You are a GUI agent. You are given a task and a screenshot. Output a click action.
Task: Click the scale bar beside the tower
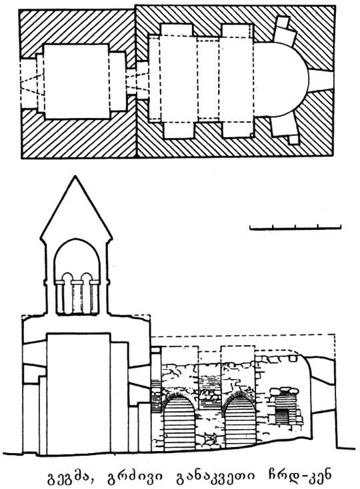[x=295, y=228]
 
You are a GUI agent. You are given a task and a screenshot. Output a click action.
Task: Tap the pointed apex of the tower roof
[x=75, y=177]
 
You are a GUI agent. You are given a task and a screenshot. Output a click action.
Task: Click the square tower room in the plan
[x=77, y=81]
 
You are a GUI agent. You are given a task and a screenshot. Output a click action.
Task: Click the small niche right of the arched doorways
[x=286, y=406]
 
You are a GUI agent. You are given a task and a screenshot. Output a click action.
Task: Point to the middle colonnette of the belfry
[x=77, y=297]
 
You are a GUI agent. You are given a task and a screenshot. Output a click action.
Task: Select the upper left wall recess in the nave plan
[x=177, y=30]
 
